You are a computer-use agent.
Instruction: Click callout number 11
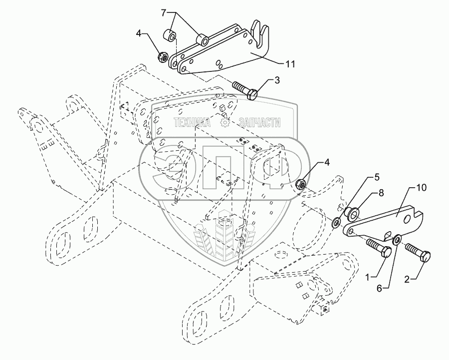(x=290, y=64)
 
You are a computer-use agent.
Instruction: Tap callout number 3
(x=276, y=80)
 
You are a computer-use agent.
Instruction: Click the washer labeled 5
(x=336, y=221)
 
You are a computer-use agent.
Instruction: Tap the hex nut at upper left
(x=163, y=57)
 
